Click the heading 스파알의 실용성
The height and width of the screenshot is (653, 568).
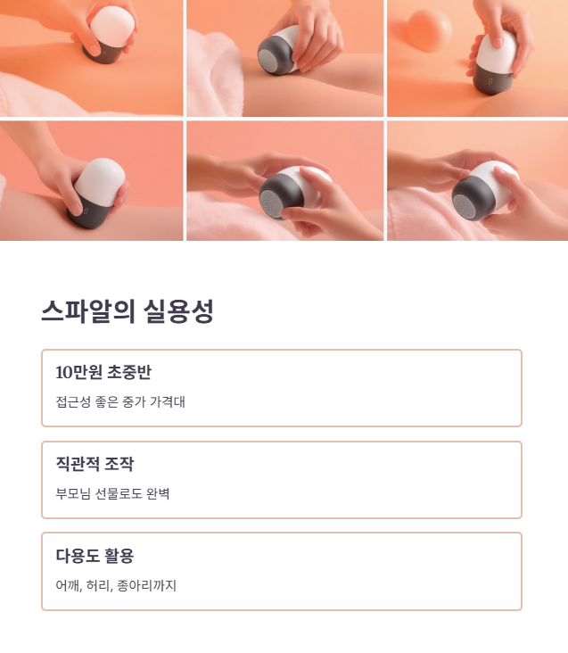click(x=127, y=312)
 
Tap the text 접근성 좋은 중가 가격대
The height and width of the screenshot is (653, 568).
click(x=119, y=401)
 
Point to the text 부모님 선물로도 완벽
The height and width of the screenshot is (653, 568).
click(x=112, y=493)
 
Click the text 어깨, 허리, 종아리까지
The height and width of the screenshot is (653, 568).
click(x=116, y=585)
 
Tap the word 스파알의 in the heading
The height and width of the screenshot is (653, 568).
click(x=87, y=312)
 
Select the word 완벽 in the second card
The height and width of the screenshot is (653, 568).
click(x=156, y=493)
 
